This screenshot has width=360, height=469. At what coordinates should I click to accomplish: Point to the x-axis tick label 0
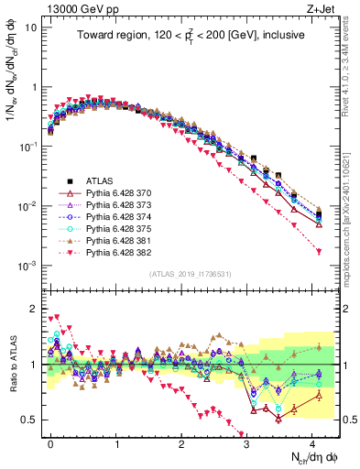click(50, 441)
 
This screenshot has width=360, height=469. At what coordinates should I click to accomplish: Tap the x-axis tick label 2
click(180, 441)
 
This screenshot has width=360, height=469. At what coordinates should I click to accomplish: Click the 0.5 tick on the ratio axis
click(29, 420)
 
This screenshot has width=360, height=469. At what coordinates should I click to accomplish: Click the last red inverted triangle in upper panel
click(318, 251)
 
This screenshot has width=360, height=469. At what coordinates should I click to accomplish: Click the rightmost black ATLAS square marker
click(318, 189)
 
